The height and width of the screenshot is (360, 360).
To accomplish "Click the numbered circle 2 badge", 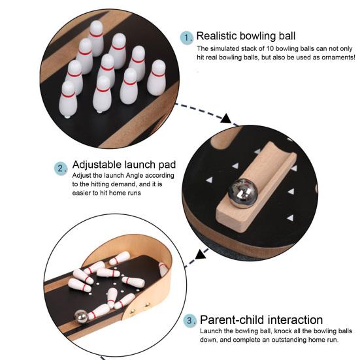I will click(x=61, y=168).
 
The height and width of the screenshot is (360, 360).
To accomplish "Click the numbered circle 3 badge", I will click(x=189, y=321).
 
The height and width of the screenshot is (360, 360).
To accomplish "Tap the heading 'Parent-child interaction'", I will click(x=261, y=320).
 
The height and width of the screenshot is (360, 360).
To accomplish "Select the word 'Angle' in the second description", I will click(x=139, y=176).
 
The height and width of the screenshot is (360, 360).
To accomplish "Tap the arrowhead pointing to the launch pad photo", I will click(x=226, y=119).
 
